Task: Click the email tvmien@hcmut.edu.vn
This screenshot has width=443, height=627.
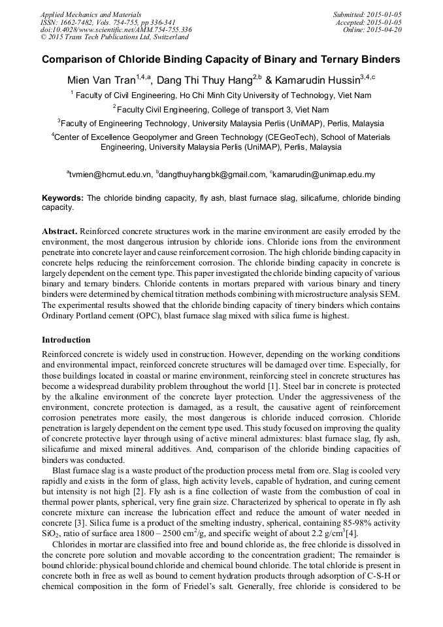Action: [110, 175]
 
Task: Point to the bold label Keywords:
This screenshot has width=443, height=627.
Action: [63, 197]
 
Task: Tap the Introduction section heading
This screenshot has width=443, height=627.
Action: [66, 340]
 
